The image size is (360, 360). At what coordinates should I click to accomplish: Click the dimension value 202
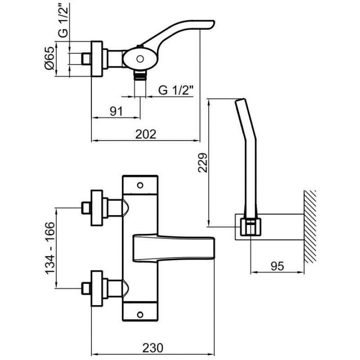(x=145, y=134)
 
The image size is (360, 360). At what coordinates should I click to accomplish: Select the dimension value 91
(x=116, y=112)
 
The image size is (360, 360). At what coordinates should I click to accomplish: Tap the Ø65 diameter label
(x=49, y=58)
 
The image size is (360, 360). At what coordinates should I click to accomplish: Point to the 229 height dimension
(x=203, y=162)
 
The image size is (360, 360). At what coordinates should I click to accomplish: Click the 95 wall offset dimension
(x=277, y=266)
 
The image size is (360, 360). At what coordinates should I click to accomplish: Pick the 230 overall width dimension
(x=153, y=348)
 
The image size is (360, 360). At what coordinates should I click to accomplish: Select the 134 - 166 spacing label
(x=50, y=248)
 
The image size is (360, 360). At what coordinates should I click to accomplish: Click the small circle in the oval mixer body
(x=140, y=59)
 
